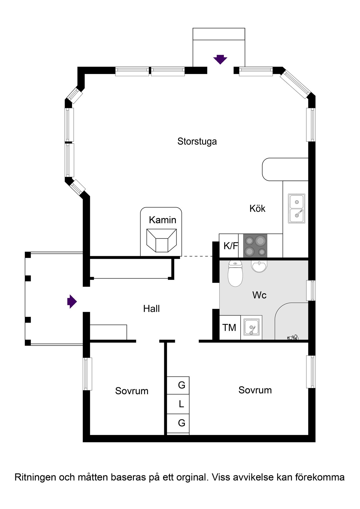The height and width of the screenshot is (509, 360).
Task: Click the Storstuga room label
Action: click(197, 141)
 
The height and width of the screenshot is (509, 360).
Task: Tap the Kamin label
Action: click(163, 220)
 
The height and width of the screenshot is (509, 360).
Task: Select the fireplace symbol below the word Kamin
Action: click(162, 240)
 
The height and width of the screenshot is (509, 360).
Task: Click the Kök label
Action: click(257, 208)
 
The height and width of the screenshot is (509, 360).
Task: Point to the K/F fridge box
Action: click(229, 246)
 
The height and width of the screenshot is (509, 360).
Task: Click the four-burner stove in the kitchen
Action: click(255, 246)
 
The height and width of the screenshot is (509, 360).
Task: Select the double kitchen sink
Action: click(296, 208)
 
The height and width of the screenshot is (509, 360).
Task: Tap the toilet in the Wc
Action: click(235, 273)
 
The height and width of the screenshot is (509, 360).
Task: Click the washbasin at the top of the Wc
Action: click(259, 266)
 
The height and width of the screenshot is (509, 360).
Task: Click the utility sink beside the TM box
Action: click(251, 328)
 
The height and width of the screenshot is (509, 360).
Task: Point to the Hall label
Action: click(151, 309)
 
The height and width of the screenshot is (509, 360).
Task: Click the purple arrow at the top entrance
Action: click(220, 59)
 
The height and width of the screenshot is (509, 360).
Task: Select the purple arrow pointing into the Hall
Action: click(72, 301)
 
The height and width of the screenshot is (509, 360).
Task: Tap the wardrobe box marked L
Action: click(178, 404)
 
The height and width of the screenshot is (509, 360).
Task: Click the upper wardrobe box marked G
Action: click(178, 386)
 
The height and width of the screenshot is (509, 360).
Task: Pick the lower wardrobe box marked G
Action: click(178, 424)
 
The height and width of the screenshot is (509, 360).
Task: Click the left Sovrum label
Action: click(132, 391)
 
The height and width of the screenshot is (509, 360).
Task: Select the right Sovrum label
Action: click(255, 390)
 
